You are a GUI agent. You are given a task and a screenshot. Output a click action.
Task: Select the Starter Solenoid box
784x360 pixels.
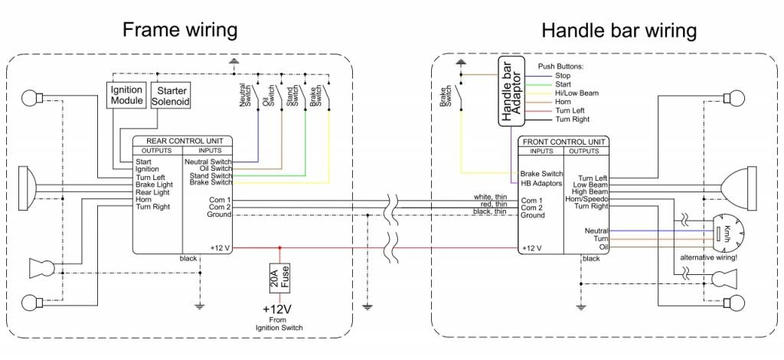(x=171, y=96)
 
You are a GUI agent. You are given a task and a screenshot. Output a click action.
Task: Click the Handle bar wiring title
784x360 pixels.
(x=619, y=31)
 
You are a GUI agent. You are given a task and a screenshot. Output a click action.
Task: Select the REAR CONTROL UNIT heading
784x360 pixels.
(x=184, y=141)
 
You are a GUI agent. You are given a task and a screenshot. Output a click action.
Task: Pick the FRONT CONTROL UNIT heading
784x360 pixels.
(x=564, y=142)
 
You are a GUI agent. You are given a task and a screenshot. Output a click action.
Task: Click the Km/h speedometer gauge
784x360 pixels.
(x=724, y=232)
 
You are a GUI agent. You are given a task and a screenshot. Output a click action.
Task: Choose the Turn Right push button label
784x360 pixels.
(x=573, y=119)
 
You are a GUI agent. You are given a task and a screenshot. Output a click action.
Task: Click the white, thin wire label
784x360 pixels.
(x=490, y=197)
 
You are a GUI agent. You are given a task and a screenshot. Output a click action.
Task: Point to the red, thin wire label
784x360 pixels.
(x=492, y=205)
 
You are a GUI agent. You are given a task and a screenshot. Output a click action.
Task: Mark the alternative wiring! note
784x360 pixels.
(x=708, y=257)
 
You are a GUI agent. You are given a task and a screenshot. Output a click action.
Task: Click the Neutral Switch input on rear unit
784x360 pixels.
(x=207, y=162)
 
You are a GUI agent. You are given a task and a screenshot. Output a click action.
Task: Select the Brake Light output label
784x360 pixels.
(x=154, y=185)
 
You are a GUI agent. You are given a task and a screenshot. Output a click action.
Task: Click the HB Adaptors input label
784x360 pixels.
(x=541, y=183)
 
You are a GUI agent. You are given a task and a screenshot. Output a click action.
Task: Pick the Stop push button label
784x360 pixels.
(x=563, y=75)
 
